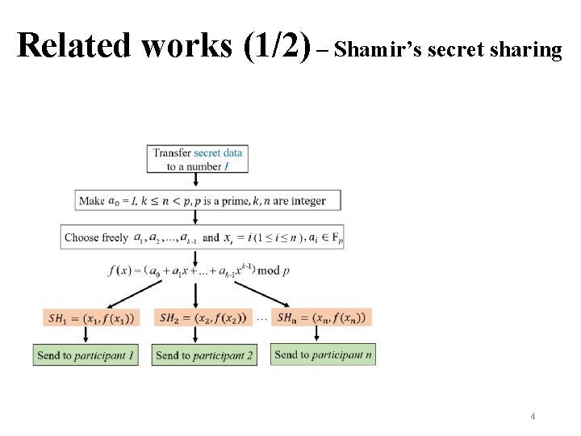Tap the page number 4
tap(533, 417)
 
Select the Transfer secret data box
tap(197, 158)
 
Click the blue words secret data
tap(218, 153)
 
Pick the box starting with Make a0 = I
tap(207, 201)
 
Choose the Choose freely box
tap(202, 237)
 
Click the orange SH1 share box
tap(91, 318)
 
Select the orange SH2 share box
tap(205, 317)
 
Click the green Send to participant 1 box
tap(86, 355)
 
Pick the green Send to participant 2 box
tap(203, 355)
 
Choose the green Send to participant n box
tap(323, 354)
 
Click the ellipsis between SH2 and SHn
tap(261, 318)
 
